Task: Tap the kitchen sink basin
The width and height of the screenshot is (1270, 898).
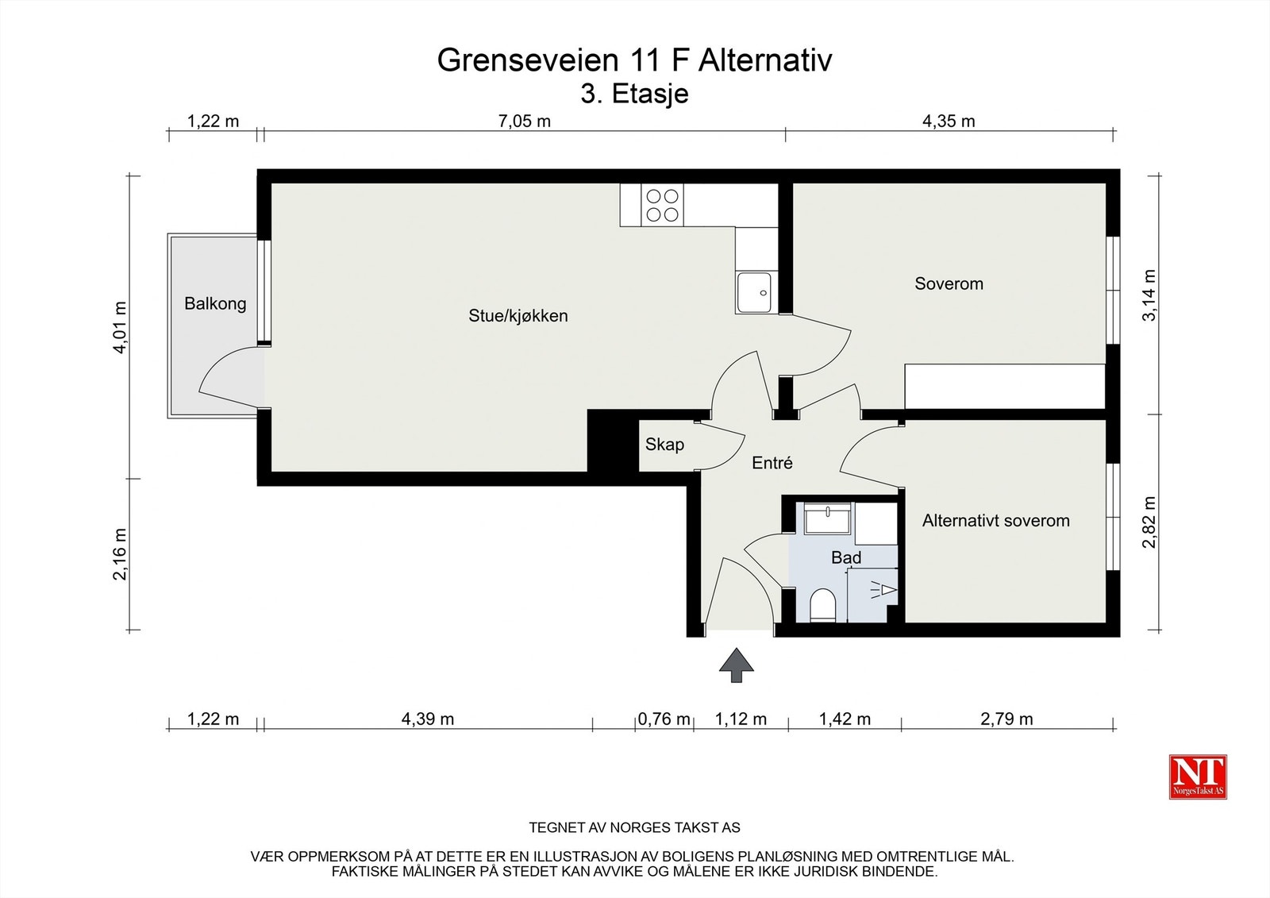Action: point(755,292)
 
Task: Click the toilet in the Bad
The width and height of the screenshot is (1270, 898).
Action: point(822,607)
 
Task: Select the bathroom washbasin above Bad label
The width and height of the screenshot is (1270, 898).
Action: point(827,520)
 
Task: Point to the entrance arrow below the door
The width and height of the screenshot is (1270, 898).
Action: point(737,665)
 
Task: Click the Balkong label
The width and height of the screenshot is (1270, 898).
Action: point(215,303)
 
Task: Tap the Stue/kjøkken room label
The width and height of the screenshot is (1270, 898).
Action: point(518,316)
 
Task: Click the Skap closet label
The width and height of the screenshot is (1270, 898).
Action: point(664,445)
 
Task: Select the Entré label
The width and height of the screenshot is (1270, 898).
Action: point(772,463)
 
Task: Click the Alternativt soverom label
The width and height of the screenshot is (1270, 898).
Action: point(995,521)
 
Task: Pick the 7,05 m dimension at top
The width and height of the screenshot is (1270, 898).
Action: point(524,121)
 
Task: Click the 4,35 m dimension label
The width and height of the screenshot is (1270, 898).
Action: point(949,121)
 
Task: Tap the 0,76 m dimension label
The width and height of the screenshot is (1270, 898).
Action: point(664,719)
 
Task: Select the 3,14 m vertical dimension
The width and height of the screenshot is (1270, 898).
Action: point(1149,295)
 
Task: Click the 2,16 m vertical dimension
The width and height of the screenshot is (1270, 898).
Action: point(120,554)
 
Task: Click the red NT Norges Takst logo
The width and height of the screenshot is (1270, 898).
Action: point(1198,776)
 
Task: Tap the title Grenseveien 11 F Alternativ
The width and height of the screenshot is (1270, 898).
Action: point(634,60)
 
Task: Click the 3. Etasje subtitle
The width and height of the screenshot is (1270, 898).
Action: point(634,94)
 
